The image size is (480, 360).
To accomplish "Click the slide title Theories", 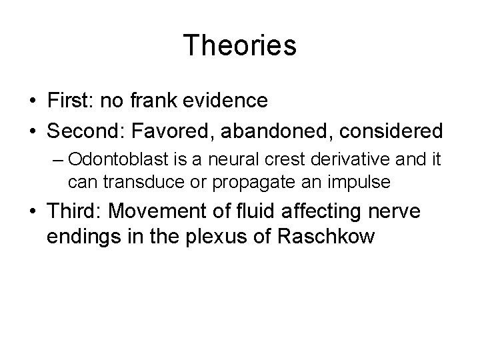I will pos(240,45).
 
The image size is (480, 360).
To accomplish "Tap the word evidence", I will pos(226,101).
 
